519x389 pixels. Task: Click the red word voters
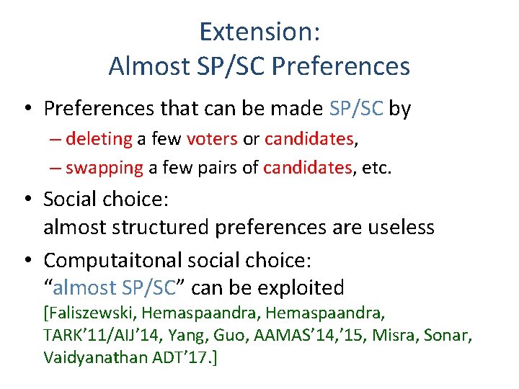coord(212,138)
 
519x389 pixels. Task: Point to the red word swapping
coord(105,168)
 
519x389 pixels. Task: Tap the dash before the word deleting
coord(55,138)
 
